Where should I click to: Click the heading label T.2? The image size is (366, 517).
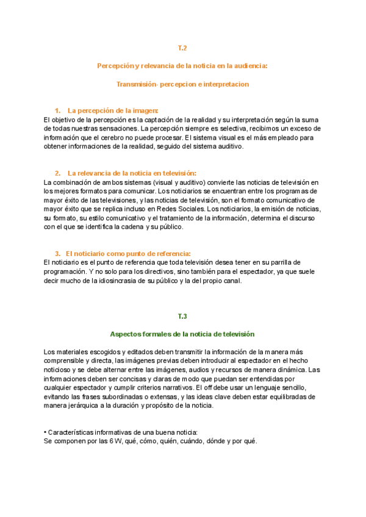click(x=182, y=47)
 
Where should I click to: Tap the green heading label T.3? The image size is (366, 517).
click(x=182, y=316)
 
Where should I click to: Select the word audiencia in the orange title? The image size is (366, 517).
click(x=251, y=65)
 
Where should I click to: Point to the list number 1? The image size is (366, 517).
click(x=57, y=110)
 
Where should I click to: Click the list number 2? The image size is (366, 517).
click(x=57, y=173)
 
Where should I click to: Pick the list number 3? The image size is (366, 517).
click(x=57, y=254)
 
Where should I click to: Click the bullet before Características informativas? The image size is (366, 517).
click(x=46, y=432)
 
